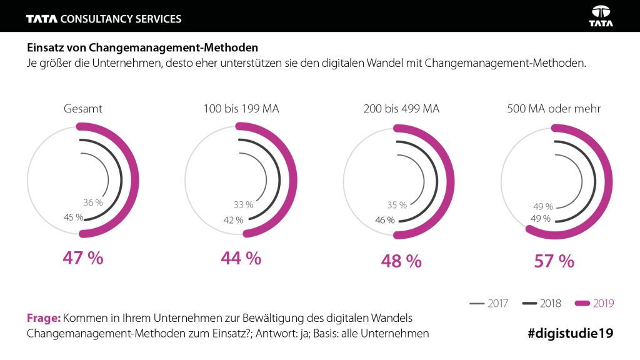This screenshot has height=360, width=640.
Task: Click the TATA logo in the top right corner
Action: point(601,16)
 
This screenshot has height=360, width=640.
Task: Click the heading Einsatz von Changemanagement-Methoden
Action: point(142,47)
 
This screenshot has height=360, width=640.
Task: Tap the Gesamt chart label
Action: point(82,109)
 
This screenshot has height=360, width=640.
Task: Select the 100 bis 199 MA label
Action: point(241,109)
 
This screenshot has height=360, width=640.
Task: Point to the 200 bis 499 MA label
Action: point(401,109)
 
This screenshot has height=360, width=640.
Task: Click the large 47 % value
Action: point(82,258)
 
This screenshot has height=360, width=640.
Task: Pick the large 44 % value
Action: point(241,258)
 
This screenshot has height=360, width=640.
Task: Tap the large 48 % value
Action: point(401,261)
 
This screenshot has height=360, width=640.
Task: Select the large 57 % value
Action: point(554,261)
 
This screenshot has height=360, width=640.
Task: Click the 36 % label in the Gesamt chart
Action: point(92,202)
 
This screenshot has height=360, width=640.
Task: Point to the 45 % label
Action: point(73,217)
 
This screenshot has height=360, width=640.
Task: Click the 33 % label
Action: point(242,204)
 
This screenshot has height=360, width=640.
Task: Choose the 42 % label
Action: point(232,219)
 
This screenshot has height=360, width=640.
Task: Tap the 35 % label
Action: point(396,204)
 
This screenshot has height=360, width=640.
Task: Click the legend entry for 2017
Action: point(489,304)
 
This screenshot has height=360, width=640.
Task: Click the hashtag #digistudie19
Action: point(570,334)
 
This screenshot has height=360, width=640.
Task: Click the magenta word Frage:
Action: point(43,317)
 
